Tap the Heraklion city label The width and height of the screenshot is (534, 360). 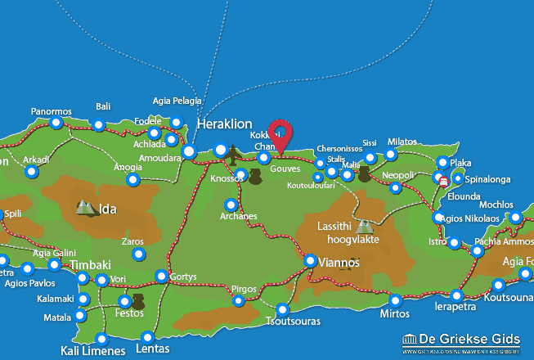pyautogui.click(x=224, y=123)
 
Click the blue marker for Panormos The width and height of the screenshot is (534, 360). pyautogui.click(x=56, y=123)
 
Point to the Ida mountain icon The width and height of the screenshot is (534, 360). pyautogui.click(x=84, y=208)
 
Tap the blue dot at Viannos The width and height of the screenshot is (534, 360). pyautogui.click(x=311, y=260)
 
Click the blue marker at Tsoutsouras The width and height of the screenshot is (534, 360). pyautogui.click(x=283, y=309)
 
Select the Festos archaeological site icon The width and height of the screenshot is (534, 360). pyautogui.click(x=137, y=303)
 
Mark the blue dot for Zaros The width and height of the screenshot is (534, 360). pyautogui.click(x=137, y=254)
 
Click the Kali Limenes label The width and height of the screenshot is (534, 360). pyautogui.click(x=93, y=351)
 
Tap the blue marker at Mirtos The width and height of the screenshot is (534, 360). pyautogui.click(x=396, y=300)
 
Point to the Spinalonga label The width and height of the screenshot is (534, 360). pyautogui.click(x=488, y=178)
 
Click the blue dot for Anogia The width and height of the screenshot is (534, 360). pyautogui.click(x=132, y=179)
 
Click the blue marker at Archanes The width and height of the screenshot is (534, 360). pyautogui.click(x=231, y=205)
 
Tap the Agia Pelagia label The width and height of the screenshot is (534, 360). pyautogui.click(x=177, y=101)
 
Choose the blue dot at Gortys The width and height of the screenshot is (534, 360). pyautogui.click(x=162, y=277)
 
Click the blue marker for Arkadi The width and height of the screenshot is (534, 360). pyautogui.click(x=31, y=172)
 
